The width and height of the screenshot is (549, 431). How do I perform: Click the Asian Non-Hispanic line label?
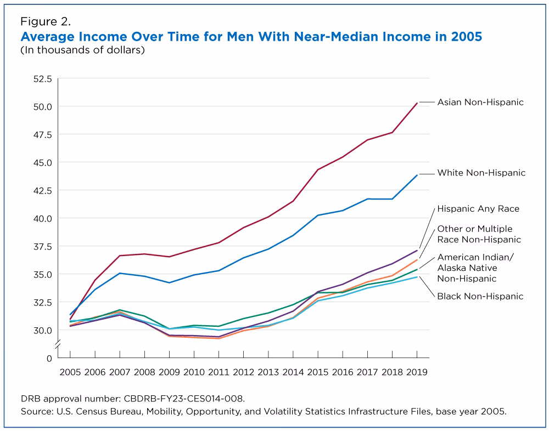(x=480, y=102)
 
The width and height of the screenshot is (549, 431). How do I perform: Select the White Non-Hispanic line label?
(x=481, y=173)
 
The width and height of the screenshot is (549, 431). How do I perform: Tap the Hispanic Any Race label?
(x=478, y=209)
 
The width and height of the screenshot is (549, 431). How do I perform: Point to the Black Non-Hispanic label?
(x=480, y=296)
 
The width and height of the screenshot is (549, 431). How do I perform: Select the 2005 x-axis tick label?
(x=70, y=372)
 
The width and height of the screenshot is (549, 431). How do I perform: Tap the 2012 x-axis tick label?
(x=244, y=372)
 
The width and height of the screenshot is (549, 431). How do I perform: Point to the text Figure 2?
(x=45, y=22)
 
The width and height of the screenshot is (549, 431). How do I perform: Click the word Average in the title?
(x=47, y=37)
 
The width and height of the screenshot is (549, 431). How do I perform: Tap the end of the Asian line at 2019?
(x=417, y=103)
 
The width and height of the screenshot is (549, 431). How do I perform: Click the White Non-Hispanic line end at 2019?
(x=417, y=174)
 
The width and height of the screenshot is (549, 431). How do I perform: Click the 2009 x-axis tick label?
(x=170, y=372)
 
